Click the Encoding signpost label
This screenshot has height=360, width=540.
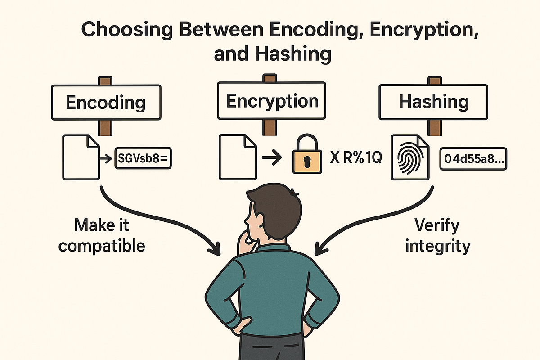pos(106,103)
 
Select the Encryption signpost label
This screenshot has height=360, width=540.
pos(272,101)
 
